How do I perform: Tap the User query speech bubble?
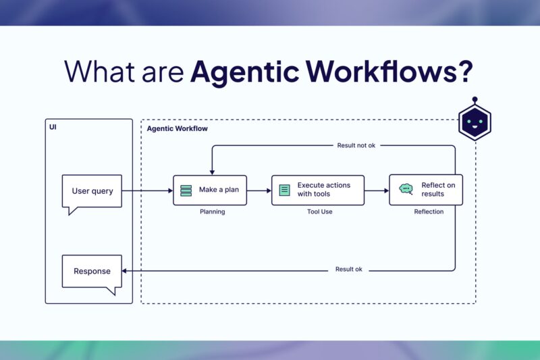[x=92, y=191]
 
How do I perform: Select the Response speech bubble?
[x=92, y=271]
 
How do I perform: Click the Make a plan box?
[x=210, y=190]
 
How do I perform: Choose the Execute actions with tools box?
[x=317, y=190]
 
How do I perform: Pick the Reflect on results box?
[x=425, y=190]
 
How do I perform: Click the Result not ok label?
[x=356, y=145]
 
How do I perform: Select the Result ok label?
[x=348, y=269]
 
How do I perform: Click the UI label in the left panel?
[x=53, y=127]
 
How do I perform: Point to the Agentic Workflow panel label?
[x=177, y=128]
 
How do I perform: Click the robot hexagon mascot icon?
[x=475, y=122]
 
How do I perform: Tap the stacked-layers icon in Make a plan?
[x=186, y=190]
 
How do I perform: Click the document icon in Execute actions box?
[x=285, y=190]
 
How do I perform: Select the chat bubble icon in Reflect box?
[x=406, y=190]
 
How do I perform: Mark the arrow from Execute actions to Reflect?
[x=377, y=190]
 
